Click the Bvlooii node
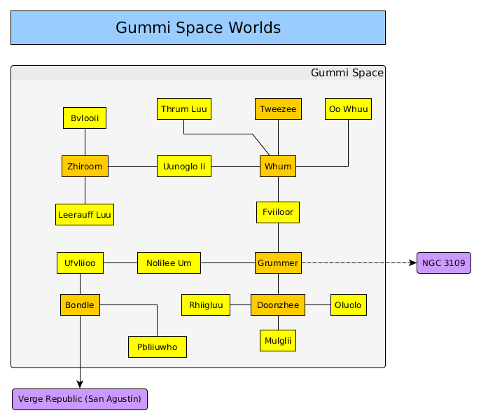coord(85,118)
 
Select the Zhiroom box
coord(85,166)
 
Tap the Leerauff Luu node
coord(85,214)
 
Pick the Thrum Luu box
coord(183,109)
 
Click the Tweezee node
coord(278,109)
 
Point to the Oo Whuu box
coord(348,109)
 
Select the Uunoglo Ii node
coord(183,166)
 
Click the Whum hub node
coord(278,166)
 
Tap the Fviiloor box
coord(278,212)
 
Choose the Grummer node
coord(278,263)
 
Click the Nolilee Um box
coord(169,263)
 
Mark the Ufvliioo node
coord(80,263)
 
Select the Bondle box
coord(80,305)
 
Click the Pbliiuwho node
coord(158,346)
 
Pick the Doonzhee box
coord(278,305)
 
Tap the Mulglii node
coord(278,340)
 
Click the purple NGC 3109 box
coord(443,263)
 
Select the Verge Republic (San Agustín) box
coord(80,399)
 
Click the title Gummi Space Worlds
coord(198,28)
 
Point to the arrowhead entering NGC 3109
coord(412,263)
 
